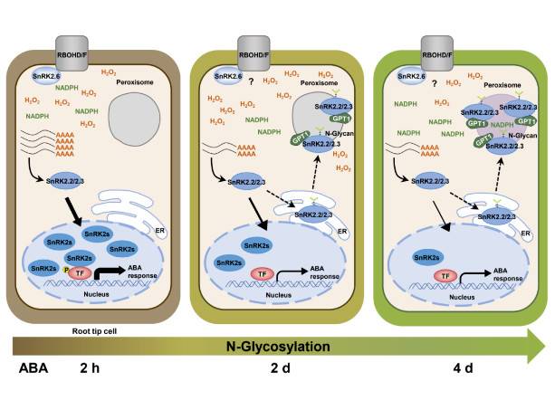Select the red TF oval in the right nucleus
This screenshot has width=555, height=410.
(445, 275)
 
